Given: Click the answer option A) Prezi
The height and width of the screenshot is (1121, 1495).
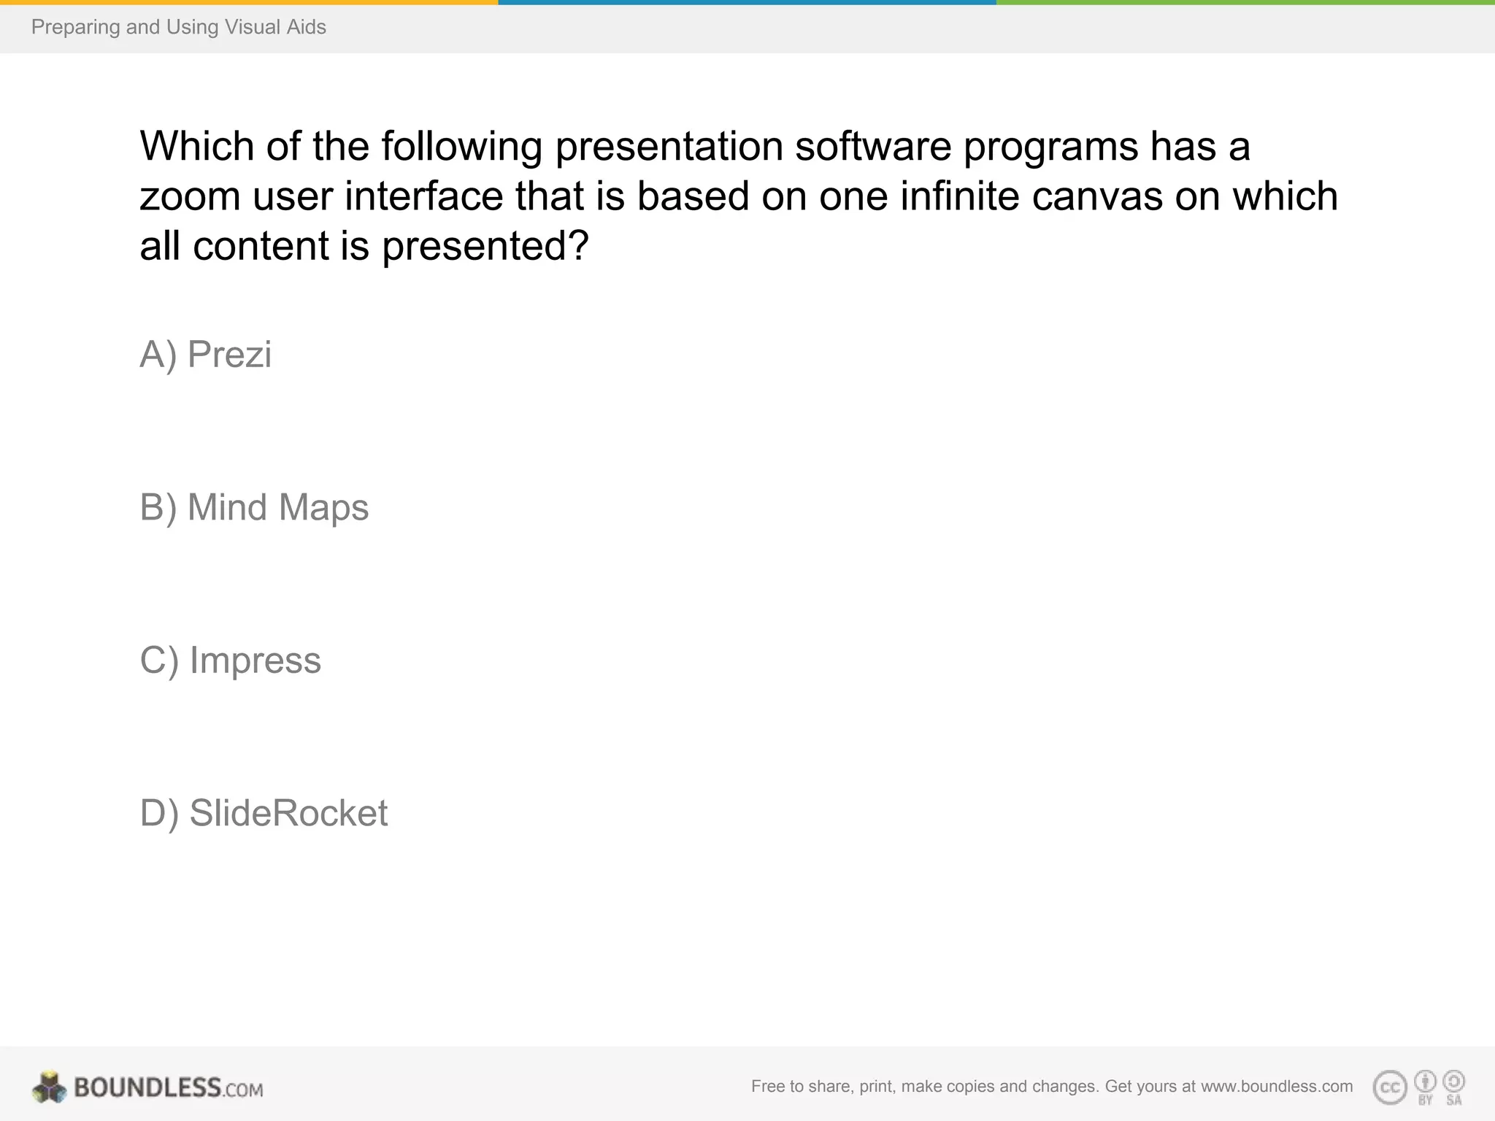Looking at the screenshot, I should pyautogui.click(x=205, y=355).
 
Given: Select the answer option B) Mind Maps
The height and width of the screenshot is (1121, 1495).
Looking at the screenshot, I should pyautogui.click(x=254, y=508).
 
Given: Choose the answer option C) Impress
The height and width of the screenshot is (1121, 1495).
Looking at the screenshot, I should pyautogui.click(x=230, y=660).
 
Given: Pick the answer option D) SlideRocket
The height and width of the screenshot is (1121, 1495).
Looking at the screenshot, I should pyautogui.click(x=264, y=813).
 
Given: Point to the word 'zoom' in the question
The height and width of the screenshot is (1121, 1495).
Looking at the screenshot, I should pyautogui.click(x=190, y=196).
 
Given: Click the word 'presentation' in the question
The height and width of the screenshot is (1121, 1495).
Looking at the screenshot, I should pyautogui.click(x=669, y=147).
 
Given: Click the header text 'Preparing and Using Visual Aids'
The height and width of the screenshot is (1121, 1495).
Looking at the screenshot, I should pyautogui.click(x=179, y=27).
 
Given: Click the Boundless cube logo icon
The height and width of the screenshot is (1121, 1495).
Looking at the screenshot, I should pyautogui.click(x=50, y=1087).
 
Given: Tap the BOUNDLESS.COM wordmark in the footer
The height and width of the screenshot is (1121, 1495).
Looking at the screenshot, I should pyautogui.click(x=169, y=1087).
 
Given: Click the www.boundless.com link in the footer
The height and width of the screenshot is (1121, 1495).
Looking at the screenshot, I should pyautogui.click(x=1277, y=1086).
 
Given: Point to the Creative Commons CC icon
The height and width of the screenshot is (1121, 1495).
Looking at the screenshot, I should pyautogui.click(x=1390, y=1087).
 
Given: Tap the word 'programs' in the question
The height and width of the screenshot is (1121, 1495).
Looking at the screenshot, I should pyautogui.click(x=1050, y=147).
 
